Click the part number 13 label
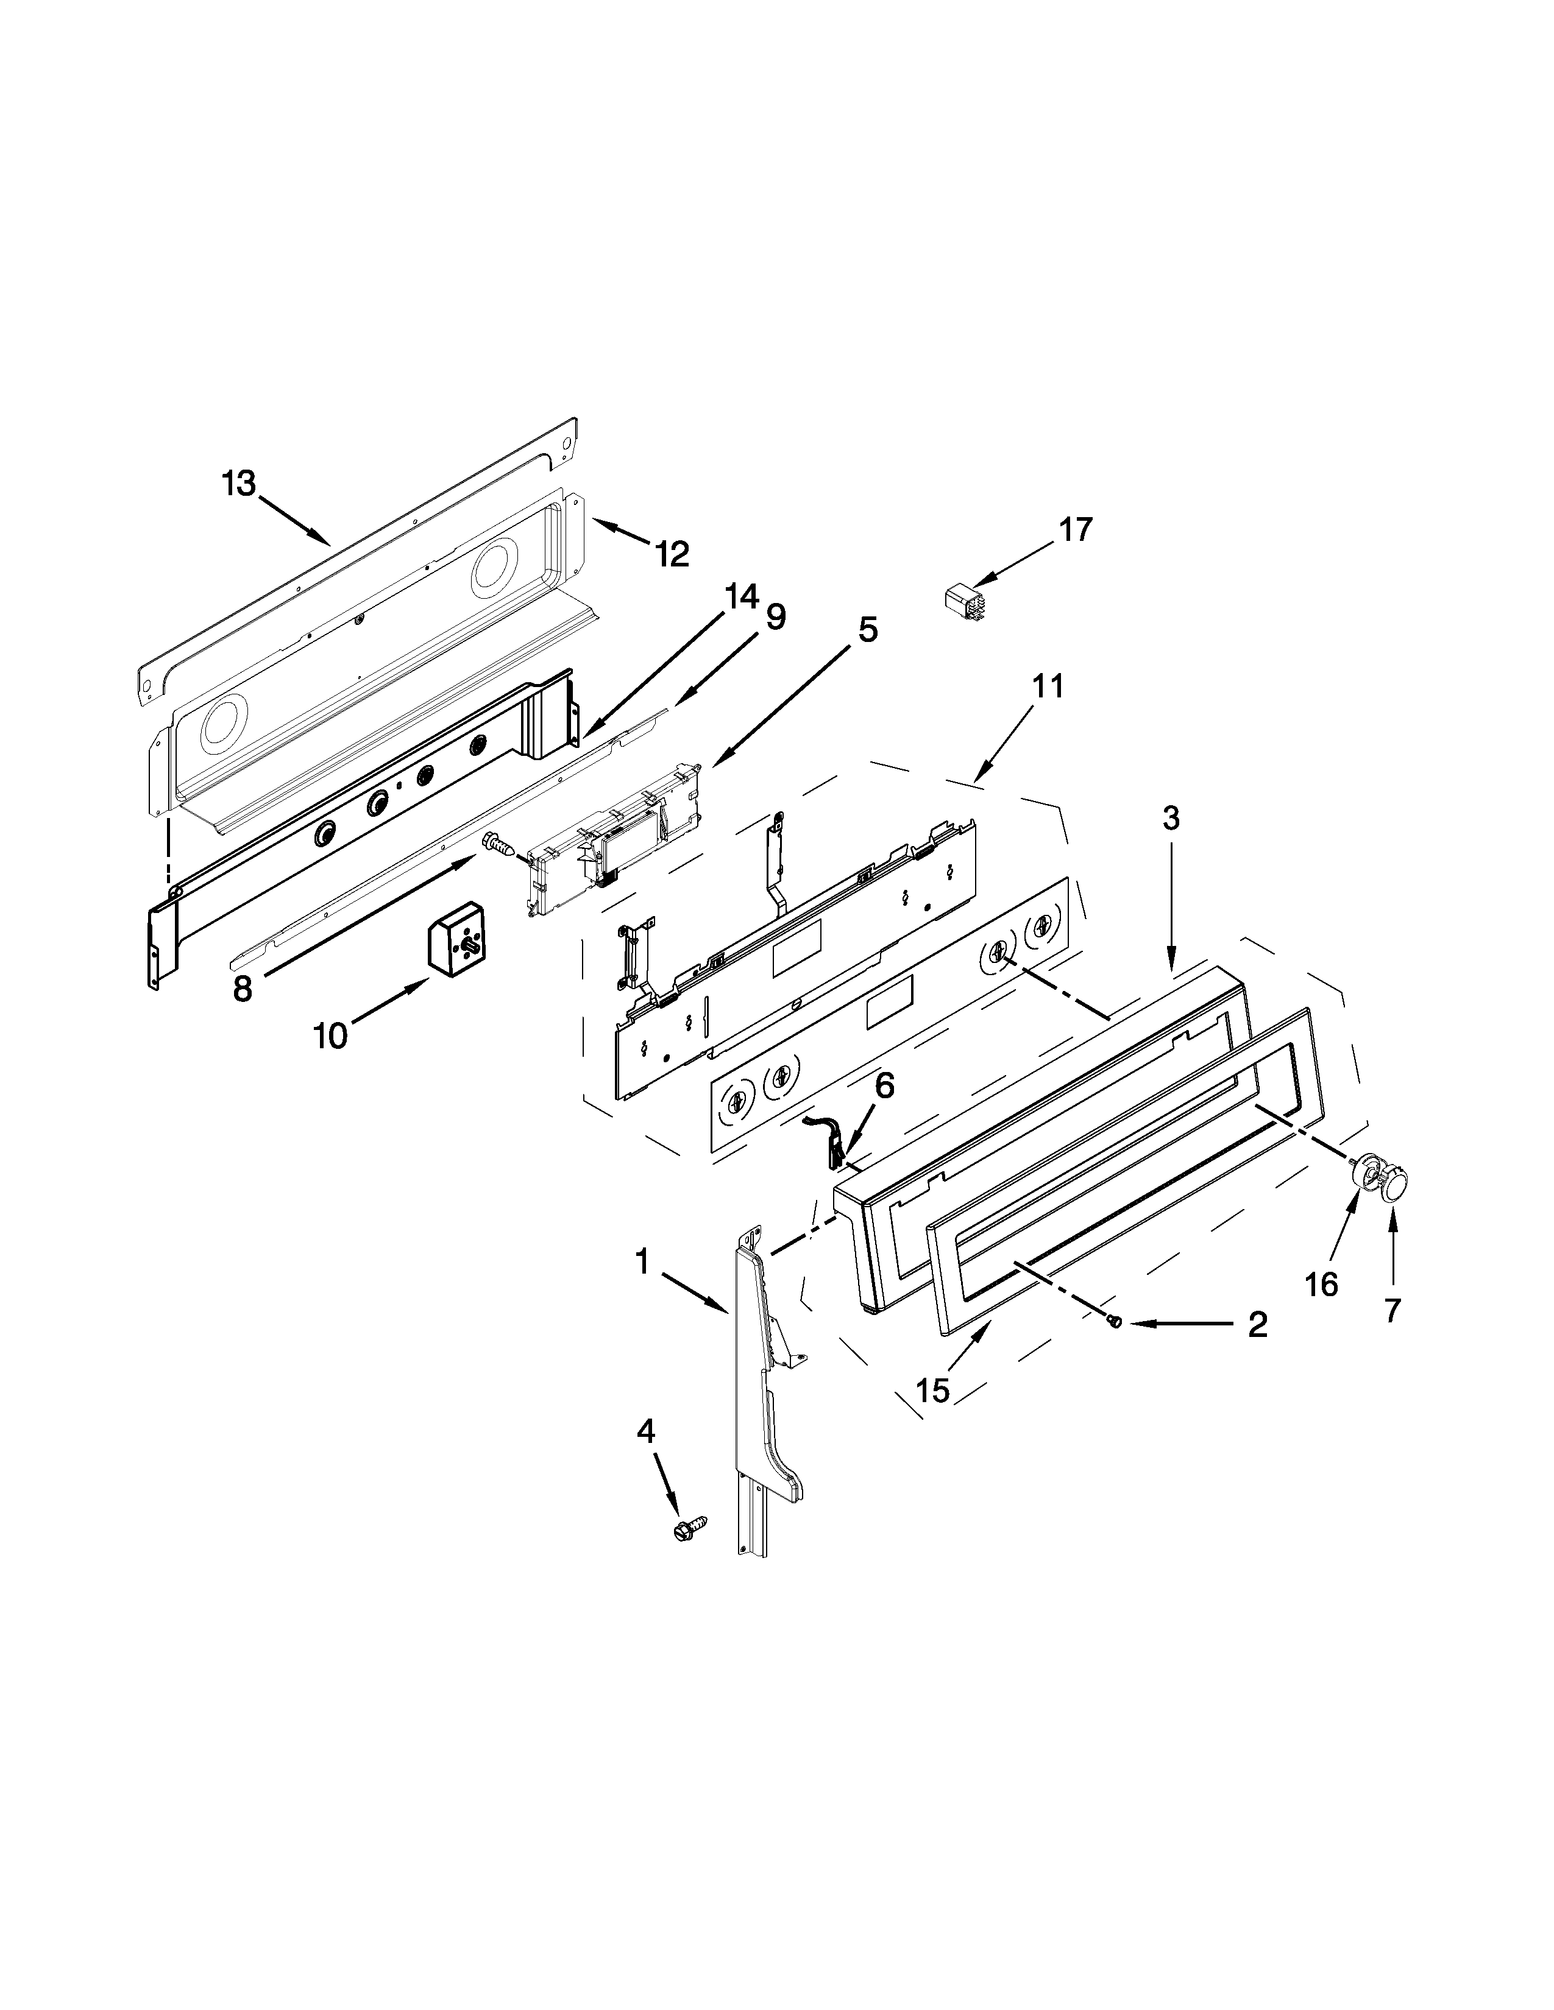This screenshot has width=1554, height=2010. [x=238, y=482]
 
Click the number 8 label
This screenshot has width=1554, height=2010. [x=242, y=989]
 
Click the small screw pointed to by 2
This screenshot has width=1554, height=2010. [x=1116, y=1322]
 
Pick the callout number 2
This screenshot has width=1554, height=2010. [x=1257, y=1324]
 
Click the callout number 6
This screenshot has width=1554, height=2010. [x=883, y=1086]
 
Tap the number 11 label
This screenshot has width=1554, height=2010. [x=1048, y=686]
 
